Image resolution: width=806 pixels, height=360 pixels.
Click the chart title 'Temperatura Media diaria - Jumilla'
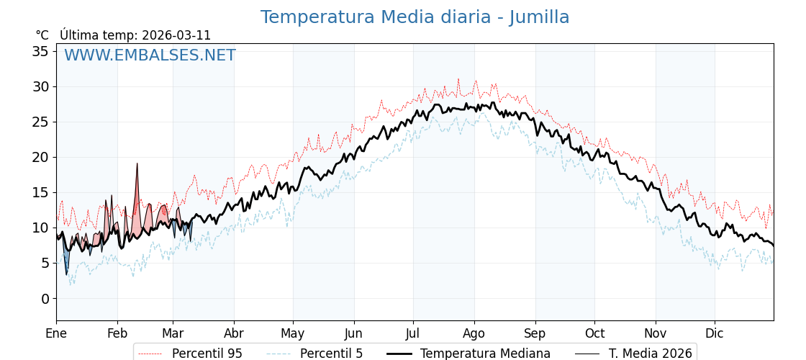[x=415, y=17]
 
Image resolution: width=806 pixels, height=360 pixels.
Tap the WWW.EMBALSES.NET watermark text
[x=150, y=55]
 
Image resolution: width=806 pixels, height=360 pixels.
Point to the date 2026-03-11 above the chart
[x=176, y=35]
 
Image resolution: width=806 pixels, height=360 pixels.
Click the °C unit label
[x=42, y=35]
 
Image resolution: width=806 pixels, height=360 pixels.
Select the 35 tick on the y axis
[x=40, y=51]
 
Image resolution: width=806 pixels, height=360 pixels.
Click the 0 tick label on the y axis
[x=45, y=299]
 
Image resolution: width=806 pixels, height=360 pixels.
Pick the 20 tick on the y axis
[x=40, y=157]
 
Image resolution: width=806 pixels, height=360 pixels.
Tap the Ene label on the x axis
[x=56, y=333]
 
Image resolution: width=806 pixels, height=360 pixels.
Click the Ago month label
[x=474, y=333]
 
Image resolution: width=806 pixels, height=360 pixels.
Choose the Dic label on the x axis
[x=715, y=333]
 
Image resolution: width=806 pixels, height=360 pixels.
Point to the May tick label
[x=293, y=333]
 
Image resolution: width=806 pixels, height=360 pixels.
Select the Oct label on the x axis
[x=594, y=333]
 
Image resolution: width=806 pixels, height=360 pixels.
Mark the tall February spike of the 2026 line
[x=137, y=165]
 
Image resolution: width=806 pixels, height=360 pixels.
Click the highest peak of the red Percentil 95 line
[x=458, y=80]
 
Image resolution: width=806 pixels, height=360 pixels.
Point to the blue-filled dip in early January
[x=66, y=266]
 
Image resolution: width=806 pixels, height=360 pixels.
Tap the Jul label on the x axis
[x=413, y=333]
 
